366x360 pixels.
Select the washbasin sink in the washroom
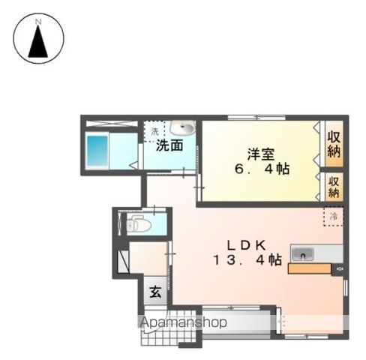(x=182, y=129)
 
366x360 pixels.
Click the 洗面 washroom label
(x=169, y=145)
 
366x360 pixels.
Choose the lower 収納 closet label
(x=334, y=184)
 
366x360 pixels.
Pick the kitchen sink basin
(x=303, y=253)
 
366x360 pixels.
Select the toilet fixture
(x=136, y=224)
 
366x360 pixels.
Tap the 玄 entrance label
(x=154, y=293)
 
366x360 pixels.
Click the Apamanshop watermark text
(x=183, y=323)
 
